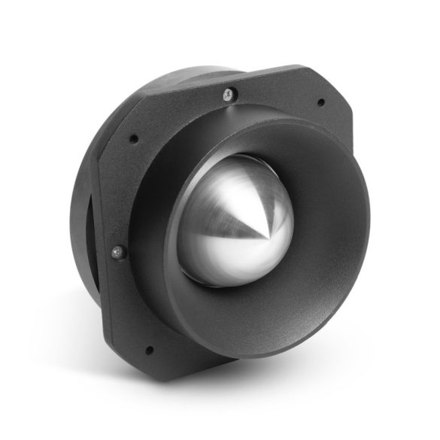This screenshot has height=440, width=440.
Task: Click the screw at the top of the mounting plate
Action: pos(229,94)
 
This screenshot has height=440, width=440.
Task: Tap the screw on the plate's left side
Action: pos(118,253)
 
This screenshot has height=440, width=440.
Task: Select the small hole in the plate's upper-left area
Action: pos(134,139)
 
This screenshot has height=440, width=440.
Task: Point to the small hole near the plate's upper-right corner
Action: pos(321,102)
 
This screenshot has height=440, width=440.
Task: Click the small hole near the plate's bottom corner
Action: pos(148,349)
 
